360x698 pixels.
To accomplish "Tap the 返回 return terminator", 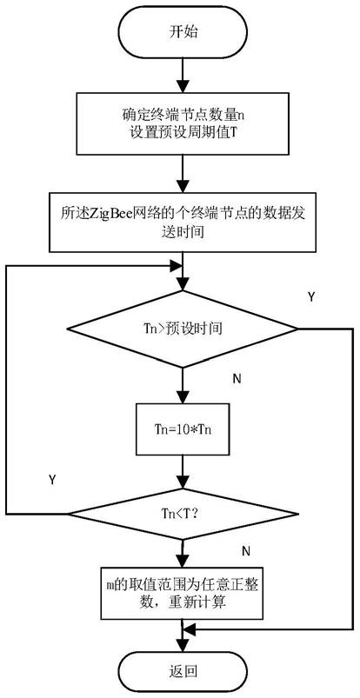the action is pyautogui.click(x=183, y=671).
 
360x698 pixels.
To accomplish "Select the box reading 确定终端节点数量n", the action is pyautogui.click(x=183, y=123).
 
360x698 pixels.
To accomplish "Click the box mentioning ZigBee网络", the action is pyautogui.click(x=183, y=223).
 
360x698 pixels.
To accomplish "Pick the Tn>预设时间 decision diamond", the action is pyautogui.click(x=183, y=329).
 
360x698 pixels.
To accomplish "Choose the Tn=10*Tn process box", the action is pyautogui.click(x=183, y=431).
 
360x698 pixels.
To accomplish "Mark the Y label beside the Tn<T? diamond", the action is pyautogui.click(x=52, y=480).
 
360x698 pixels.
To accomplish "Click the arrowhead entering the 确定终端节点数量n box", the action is pyautogui.click(x=183, y=85).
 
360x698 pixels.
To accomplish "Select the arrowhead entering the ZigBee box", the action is pyautogui.click(x=183, y=186).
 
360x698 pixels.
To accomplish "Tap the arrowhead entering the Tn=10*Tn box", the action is pyautogui.click(x=183, y=397).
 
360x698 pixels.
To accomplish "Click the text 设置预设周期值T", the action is pyautogui.click(x=183, y=133).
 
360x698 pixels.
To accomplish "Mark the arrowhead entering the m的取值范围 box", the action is pyautogui.click(x=183, y=560).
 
